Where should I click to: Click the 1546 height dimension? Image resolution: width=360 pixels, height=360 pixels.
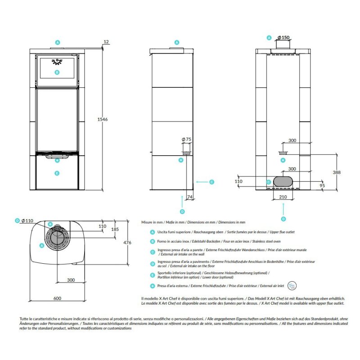[x=103, y=119]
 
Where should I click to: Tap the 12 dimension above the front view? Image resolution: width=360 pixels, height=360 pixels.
[x=106, y=42]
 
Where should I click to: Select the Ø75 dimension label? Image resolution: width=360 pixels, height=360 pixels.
[x=186, y=139]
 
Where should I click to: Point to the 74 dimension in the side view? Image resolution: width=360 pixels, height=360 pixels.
[x=189, y=197]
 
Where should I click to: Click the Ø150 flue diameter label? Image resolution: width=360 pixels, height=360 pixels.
[x=283, y=37]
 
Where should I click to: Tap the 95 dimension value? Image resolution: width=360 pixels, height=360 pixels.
[x=322, y=185]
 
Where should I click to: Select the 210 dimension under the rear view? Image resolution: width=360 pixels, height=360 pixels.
[x=283, y=197]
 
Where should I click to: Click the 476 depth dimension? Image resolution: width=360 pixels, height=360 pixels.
[x=127, y=243]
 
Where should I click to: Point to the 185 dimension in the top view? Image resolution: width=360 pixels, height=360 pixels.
[x=115, y=229]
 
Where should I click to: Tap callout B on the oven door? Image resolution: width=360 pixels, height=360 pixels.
[x=57, y=72]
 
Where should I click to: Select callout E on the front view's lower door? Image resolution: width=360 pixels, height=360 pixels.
[x=57, y=173]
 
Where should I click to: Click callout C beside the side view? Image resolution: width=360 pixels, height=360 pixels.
[x=211, y=182]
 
